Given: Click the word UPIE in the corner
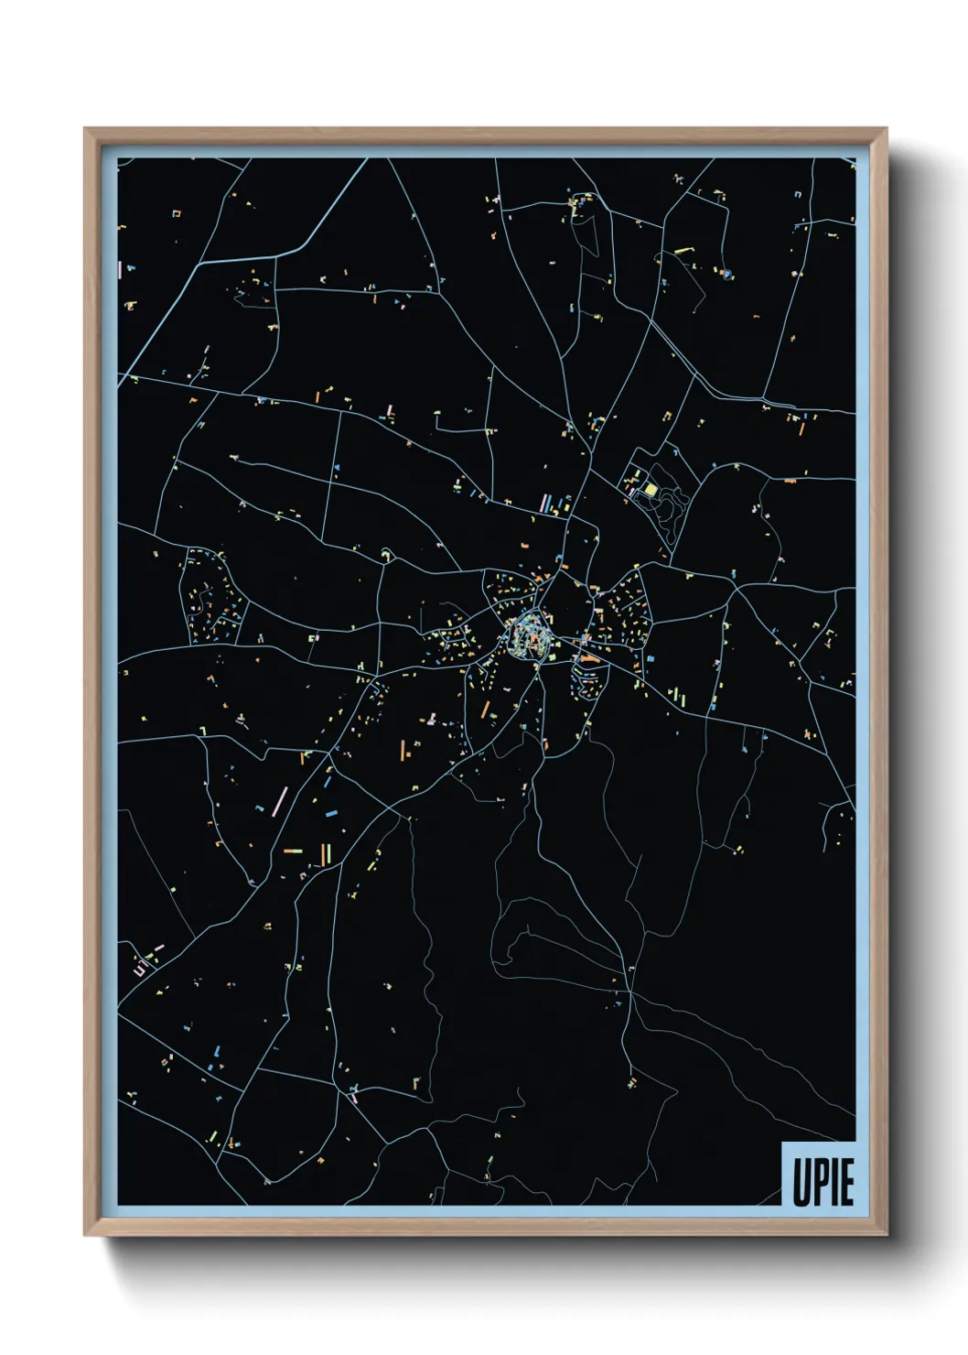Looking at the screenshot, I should [x=823, y=1182].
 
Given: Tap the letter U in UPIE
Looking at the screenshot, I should [x=801, y=1182].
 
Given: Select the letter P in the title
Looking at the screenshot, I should [x=820, y=1182].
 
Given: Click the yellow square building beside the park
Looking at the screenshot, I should [x=651, y=490].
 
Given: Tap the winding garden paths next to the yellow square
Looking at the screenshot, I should [x=674, y=504].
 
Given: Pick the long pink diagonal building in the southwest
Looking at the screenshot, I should [x=279, y=800].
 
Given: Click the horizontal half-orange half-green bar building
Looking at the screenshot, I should [x=293, y=851].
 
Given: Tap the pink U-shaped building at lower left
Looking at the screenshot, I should [x=140, y=968].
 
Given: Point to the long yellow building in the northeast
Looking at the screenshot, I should [x=683, y=250].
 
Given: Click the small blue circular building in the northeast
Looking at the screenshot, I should [x=726, y=273].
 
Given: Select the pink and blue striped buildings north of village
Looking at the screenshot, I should [x=547, y=503].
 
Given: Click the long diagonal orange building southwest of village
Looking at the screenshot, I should [x=485, y=709].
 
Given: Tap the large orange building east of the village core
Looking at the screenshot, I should [x=589, y=657].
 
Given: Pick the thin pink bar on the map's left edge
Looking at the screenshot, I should [x=120, y=269].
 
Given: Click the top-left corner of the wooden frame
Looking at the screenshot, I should [x=85, y=129].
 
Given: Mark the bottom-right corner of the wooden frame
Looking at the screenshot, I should [x=886, y=1235].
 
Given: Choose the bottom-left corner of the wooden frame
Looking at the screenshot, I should [x=85, y=1235].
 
